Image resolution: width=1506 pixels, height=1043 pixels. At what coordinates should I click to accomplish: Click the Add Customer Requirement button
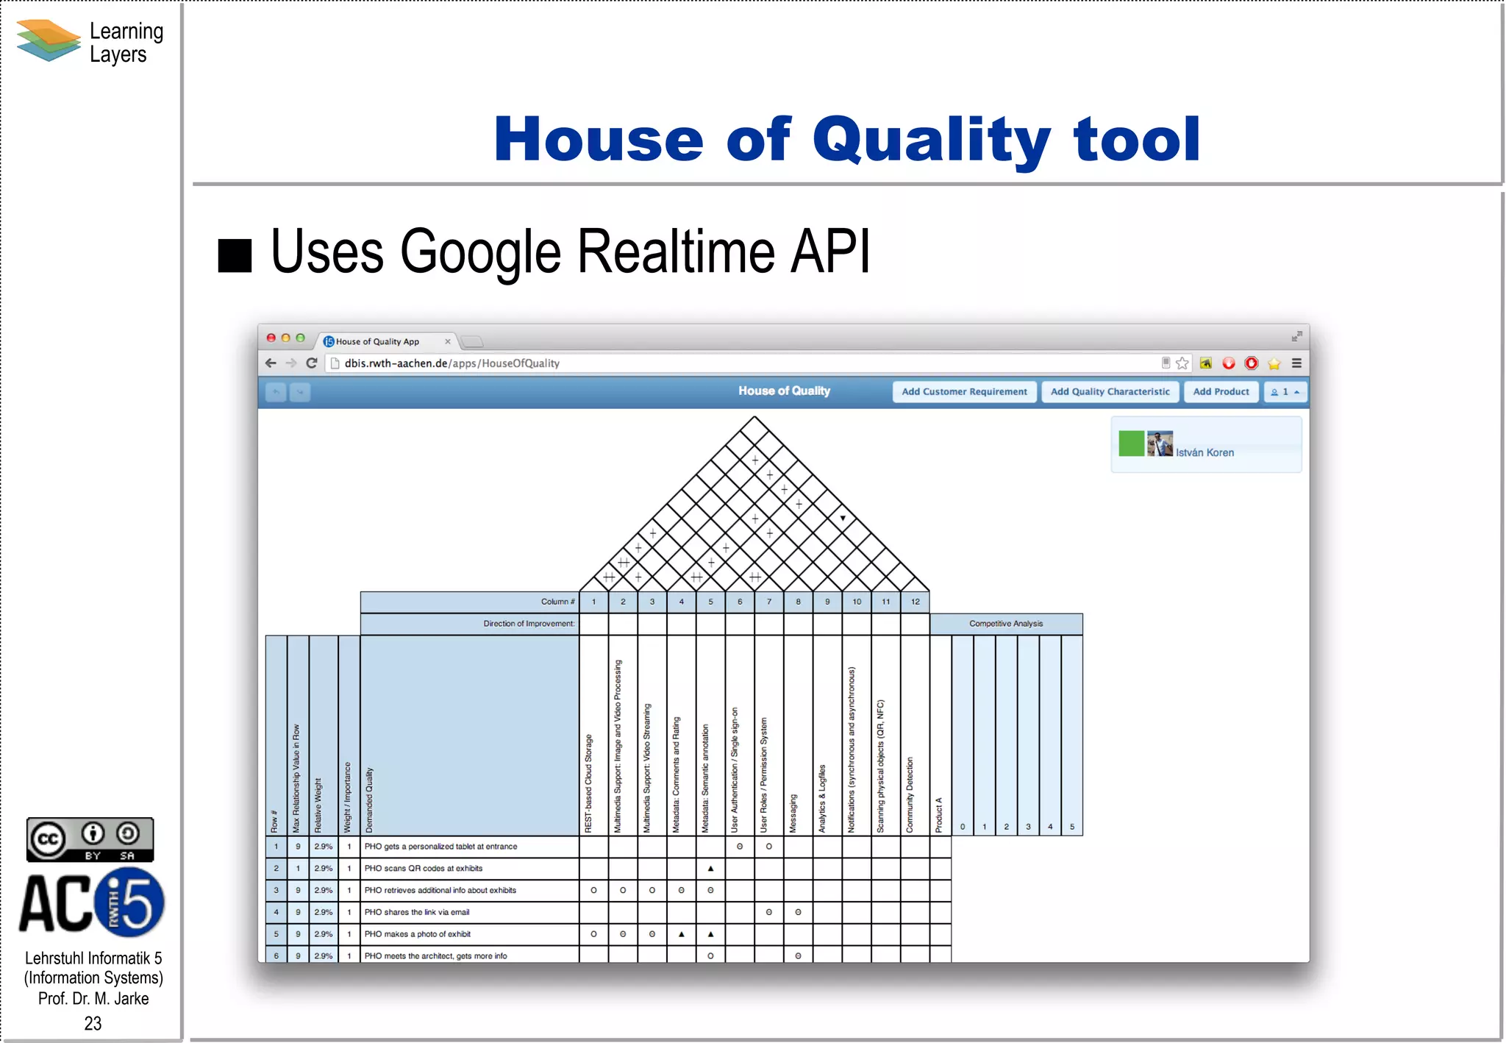(x=964, y=392)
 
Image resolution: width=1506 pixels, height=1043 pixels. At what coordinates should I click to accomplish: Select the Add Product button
(x=1221, y=392)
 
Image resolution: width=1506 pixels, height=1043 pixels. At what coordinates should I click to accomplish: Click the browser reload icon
(x=312, y=363)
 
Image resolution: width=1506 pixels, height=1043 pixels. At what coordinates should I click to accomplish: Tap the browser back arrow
(x=271, y=363)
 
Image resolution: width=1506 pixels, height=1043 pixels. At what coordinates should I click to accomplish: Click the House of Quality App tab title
(x=377, y=342)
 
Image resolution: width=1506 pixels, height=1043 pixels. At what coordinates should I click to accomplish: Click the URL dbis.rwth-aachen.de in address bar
(x=396, y=363)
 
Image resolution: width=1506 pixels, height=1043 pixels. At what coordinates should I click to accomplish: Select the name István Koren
(x=1205, y=452)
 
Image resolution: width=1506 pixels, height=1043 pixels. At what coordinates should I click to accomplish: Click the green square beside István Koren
(x=1131, y=444)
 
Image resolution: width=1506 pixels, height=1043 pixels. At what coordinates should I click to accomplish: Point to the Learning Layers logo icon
(x=49, y=40)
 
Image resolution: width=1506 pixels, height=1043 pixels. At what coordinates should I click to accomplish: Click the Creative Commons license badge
(x=90, y=839)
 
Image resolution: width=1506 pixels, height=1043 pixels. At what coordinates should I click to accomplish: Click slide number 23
(x=93, y=1023)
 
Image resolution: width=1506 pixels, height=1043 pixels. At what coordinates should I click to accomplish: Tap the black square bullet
(x=235, y=256)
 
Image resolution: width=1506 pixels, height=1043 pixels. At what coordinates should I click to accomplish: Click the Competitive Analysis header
(x=1005, y=624)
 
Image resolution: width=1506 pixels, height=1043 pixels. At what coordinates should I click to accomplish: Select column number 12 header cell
(x=915, y=602)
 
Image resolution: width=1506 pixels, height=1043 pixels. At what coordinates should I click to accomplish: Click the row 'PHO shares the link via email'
(x=417, y=912)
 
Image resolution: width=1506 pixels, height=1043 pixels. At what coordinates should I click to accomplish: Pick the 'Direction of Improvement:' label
(x=529, y=624)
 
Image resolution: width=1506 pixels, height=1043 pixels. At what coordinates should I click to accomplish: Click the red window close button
(x=271, y=338)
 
